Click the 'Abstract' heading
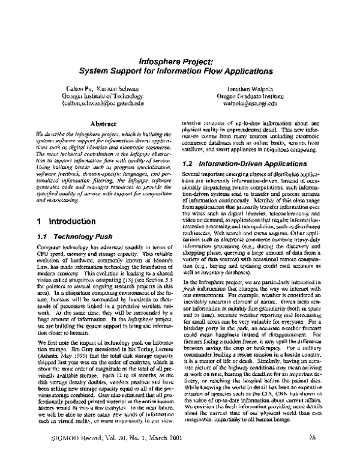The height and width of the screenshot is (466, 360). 102,123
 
